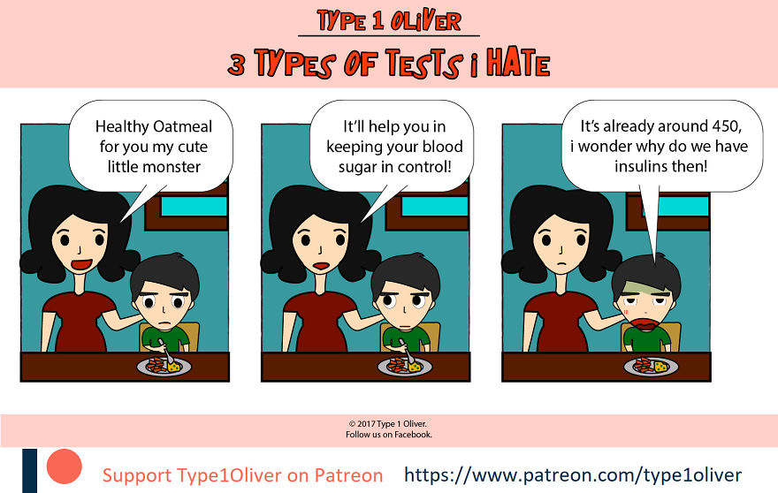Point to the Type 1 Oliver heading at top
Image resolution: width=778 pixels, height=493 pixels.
(388, 21)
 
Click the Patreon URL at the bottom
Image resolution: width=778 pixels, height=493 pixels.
(573, 474)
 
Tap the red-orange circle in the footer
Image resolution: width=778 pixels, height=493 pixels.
(64, 466)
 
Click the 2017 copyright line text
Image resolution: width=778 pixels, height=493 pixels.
(389, 424)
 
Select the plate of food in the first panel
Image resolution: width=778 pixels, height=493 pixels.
(164, 366)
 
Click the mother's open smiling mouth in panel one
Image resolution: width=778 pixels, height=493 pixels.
(81, 264)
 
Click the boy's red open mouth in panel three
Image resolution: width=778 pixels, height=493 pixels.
(646, 324)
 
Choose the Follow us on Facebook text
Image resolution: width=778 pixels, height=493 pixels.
(389, 435)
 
